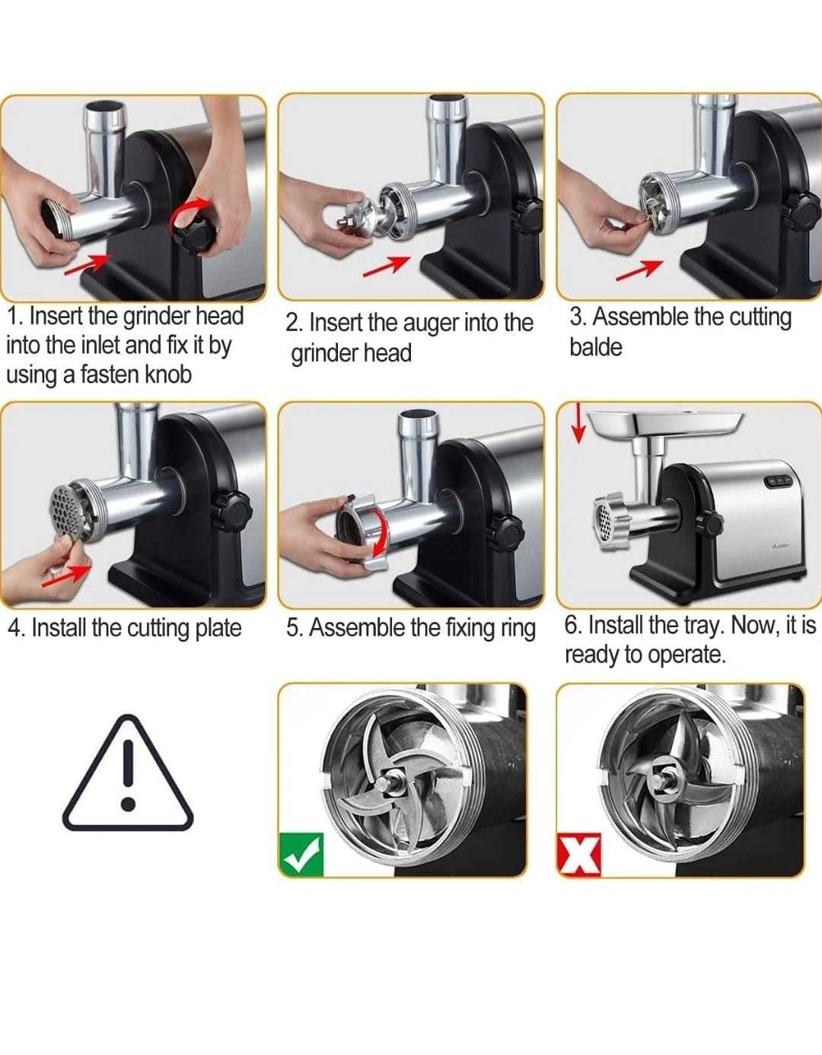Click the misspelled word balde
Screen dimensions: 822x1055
pyautogui.click(x=596, y=348)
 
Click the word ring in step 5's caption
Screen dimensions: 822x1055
pyautogui.click(x=518, y=628)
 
